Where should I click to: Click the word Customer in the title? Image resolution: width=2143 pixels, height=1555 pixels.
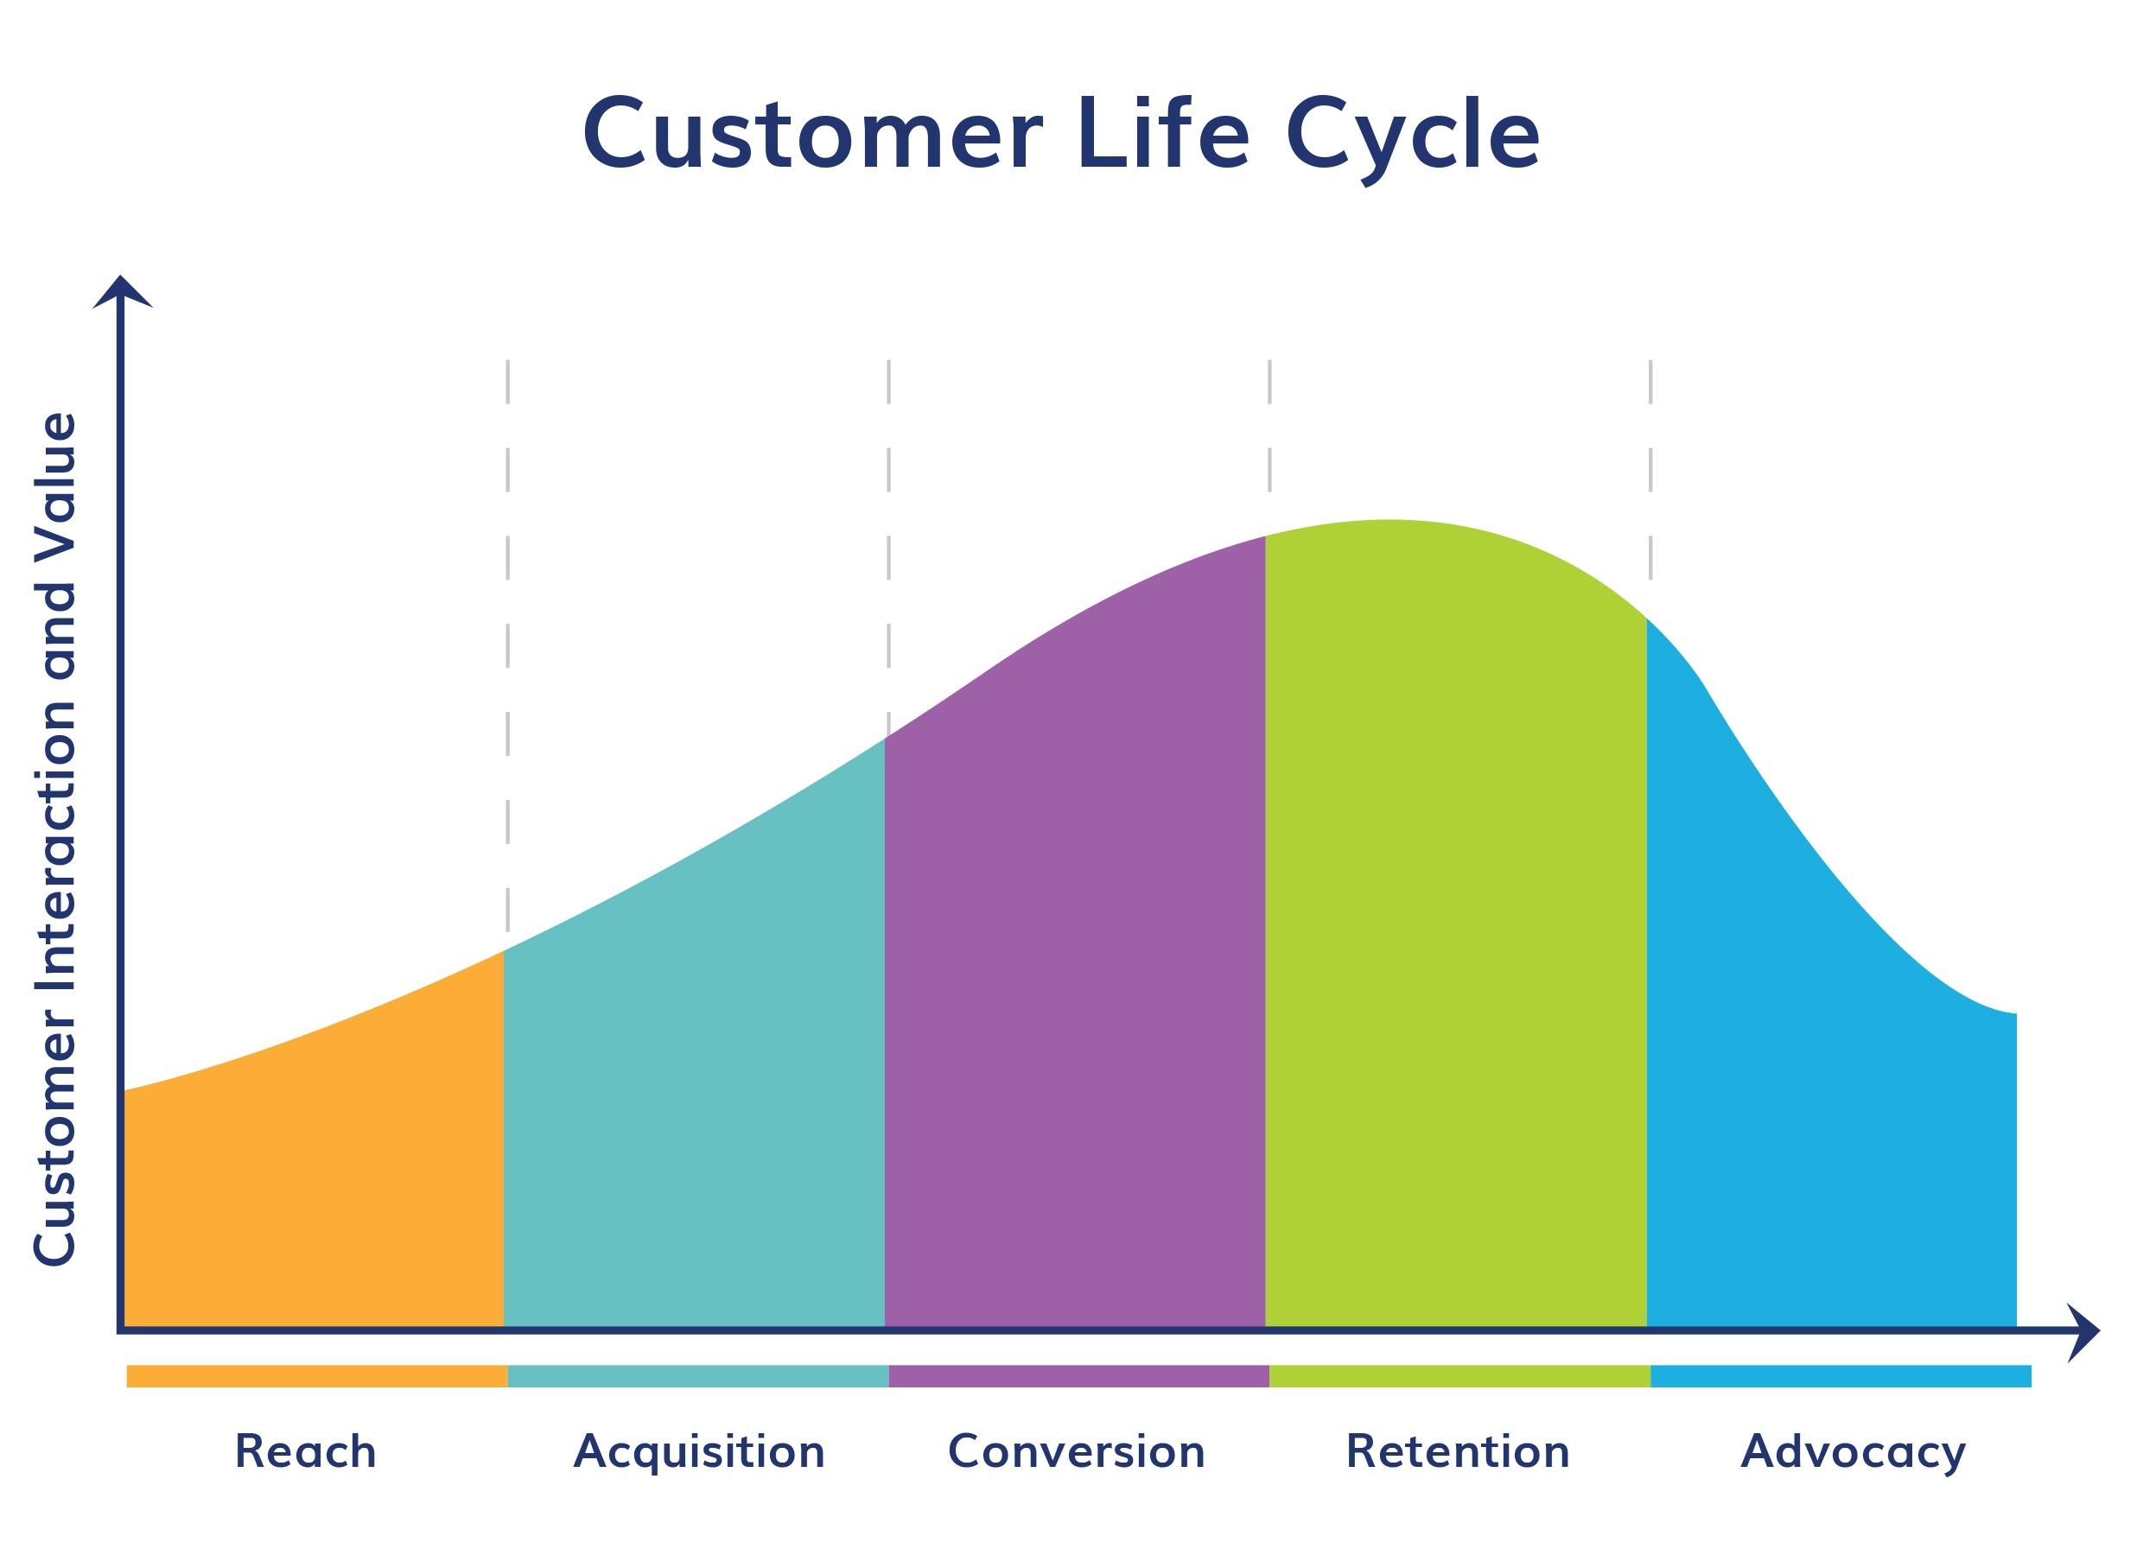coord(812,134)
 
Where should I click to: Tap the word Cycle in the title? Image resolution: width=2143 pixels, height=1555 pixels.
coord(1413,140)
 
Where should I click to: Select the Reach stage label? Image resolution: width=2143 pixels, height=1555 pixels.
coord(305,1452)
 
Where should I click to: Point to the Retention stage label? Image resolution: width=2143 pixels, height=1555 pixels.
coord(1458,1452)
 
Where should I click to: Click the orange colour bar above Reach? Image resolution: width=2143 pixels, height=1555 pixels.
coord(317,1376)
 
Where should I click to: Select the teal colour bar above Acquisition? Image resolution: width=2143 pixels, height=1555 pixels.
coord(698,1376)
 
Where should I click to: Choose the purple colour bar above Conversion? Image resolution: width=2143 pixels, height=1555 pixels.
coord(1079,1376)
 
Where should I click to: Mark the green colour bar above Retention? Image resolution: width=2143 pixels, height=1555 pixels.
coord(1459,1376)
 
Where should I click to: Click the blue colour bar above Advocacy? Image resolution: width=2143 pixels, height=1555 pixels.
coord(1841,1376)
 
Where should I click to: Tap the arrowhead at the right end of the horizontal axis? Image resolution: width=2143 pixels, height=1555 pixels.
coord(2083,1332)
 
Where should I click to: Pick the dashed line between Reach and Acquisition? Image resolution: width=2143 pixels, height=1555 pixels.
coord(507,645)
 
